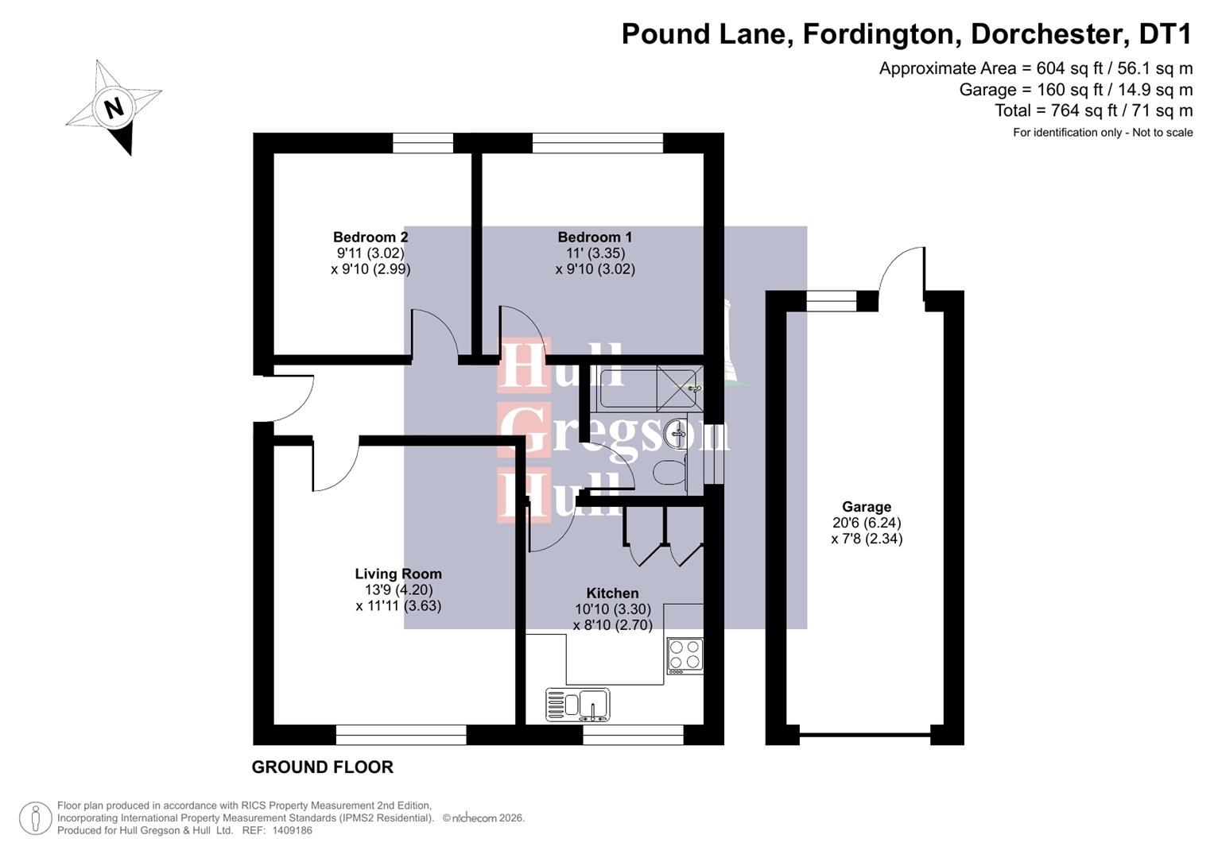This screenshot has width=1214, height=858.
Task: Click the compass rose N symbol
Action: click(x=114, y=107)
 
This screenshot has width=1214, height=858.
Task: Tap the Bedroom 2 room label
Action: click(x=370, y=237)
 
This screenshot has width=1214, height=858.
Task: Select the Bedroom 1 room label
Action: click(x=595, y=237)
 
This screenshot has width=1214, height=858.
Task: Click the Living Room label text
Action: click(x=398, y=574)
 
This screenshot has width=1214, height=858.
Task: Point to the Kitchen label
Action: click(x=612, y=593)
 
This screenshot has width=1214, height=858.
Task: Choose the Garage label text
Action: click(x=867, y=507)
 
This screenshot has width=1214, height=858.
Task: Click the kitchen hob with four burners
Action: click(x=685, y=655)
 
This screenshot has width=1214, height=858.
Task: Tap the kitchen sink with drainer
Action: click(x=578, y=705)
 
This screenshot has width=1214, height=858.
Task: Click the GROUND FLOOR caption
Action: click(x=322, y=767)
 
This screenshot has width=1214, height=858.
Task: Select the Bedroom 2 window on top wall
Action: click(x=423, y=143)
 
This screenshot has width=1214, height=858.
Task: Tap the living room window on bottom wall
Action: click(x=401, y=735)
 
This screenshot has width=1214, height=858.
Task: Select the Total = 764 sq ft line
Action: click(x=1093, y=110)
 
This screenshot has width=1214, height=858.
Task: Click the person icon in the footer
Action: click(x=35, y=818)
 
